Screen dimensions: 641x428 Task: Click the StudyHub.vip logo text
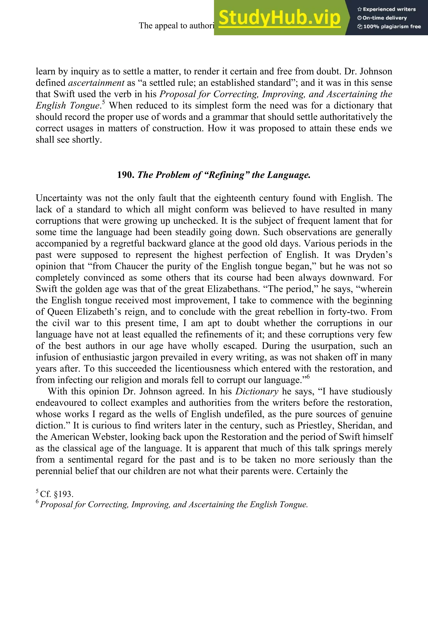coord(279,18)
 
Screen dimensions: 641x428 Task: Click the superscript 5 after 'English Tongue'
coord(103,102)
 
